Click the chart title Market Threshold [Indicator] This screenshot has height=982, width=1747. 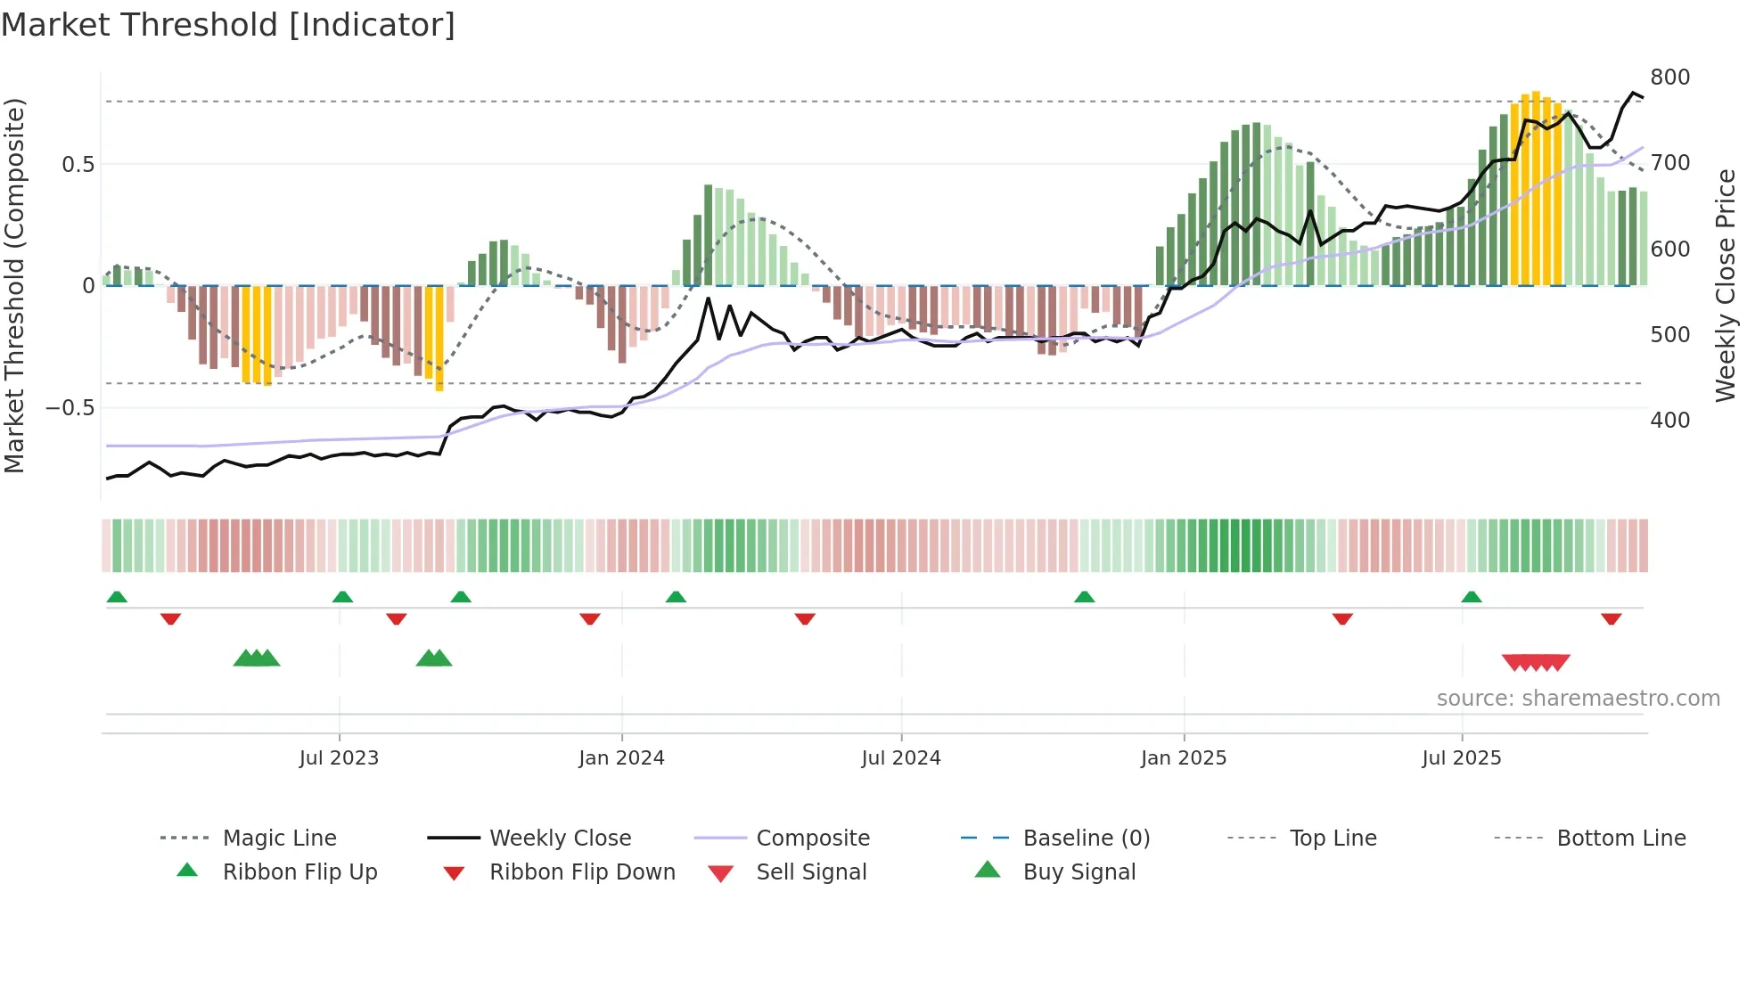click(x=228, y=25)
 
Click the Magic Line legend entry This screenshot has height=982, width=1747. click(x=279, y=839)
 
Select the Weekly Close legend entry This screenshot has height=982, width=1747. click(x=560, y=839)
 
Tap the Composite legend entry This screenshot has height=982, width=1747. click(x=812, y=839)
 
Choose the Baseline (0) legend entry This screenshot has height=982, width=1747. click(x=1086, y=839)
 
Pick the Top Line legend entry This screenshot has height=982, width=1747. click(x=1333, y=839)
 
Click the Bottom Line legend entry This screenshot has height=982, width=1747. click(x=1620, y=839)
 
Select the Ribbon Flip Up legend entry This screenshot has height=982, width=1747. click(x=299, y=872)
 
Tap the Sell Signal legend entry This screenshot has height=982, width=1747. click(x=810, y=872)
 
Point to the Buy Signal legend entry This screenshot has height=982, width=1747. click(x=1079, y=872)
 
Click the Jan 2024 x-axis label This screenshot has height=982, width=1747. click(x=621, y=758)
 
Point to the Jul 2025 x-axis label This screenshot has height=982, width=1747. click(x=1461, y=758)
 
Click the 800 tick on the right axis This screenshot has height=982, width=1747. click(x=1669, y=78)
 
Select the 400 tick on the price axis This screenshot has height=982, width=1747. click(x=1669, y=421)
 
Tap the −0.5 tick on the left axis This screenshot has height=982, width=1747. click(x=70, y=408)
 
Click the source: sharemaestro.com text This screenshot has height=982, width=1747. click(x=1578, y=699)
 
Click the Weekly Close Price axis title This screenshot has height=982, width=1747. click(x=1726, y=285)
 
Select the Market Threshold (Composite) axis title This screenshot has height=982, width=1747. click(x=14, y=285)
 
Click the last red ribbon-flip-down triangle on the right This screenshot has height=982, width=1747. click(x=1611, y=618)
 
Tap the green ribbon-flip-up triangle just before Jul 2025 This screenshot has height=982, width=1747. click(x=1472, y=597)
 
